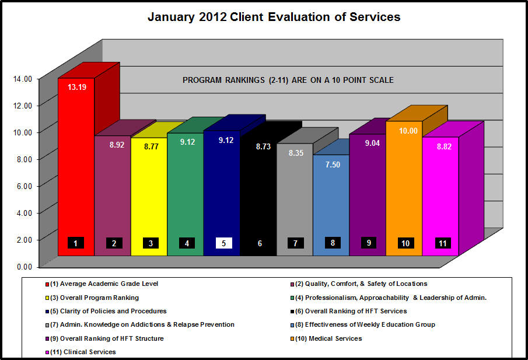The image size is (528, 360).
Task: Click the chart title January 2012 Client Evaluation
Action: [274, 17]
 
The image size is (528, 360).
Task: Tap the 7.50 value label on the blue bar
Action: [333, 165]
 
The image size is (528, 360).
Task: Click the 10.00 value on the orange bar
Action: [408, 131]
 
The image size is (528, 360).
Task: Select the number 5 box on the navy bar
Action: [224, 243]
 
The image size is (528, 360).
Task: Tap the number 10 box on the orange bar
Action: [405, 243]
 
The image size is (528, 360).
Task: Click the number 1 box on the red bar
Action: [76, 243]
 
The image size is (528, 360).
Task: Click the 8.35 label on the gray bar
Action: [296, 153]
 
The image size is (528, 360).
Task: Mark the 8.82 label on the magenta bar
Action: [443, 146]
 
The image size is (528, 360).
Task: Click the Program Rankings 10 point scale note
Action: [288, 80]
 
